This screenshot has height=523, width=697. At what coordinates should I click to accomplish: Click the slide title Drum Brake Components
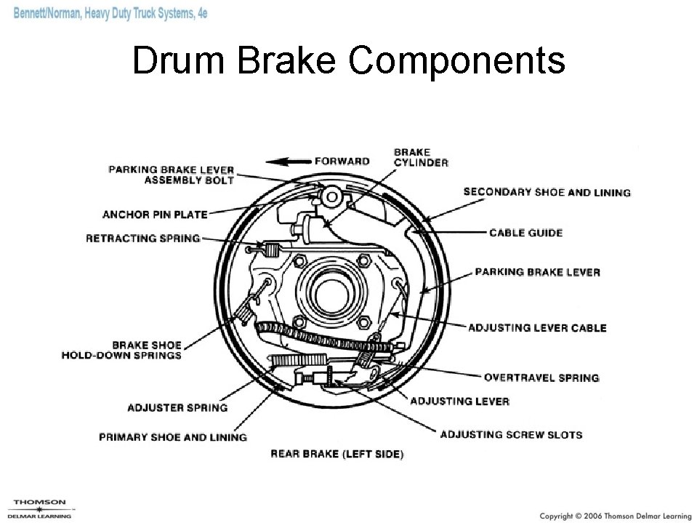(348, 60)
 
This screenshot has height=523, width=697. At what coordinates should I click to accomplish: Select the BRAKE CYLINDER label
(421, 157)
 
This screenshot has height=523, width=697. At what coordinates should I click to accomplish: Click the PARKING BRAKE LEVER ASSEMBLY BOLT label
(172, 175)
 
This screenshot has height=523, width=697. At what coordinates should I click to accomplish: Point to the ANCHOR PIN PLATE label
(155, 215)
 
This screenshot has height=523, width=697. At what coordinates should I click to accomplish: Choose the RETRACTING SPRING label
(142, 238)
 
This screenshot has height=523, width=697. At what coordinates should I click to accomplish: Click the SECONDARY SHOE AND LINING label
(547, 193)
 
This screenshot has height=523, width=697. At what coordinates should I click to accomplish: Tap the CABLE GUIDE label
(525, 233)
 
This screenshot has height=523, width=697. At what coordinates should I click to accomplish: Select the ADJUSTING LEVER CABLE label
(536, 328)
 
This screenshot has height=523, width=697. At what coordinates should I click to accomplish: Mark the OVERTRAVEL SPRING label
(541, 378)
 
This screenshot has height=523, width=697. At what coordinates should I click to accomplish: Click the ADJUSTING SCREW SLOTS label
(511, 435)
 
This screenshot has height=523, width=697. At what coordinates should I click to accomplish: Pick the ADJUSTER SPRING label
(177, 407)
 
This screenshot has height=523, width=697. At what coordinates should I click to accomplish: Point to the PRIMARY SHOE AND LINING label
(173, 437)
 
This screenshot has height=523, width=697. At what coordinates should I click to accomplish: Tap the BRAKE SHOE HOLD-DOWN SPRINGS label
(121, 350)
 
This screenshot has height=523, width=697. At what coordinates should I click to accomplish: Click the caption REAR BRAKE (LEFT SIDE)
(337, 454)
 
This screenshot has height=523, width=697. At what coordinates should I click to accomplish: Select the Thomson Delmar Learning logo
(39, 507)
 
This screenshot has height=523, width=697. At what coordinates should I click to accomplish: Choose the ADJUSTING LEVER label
(459, 401)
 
